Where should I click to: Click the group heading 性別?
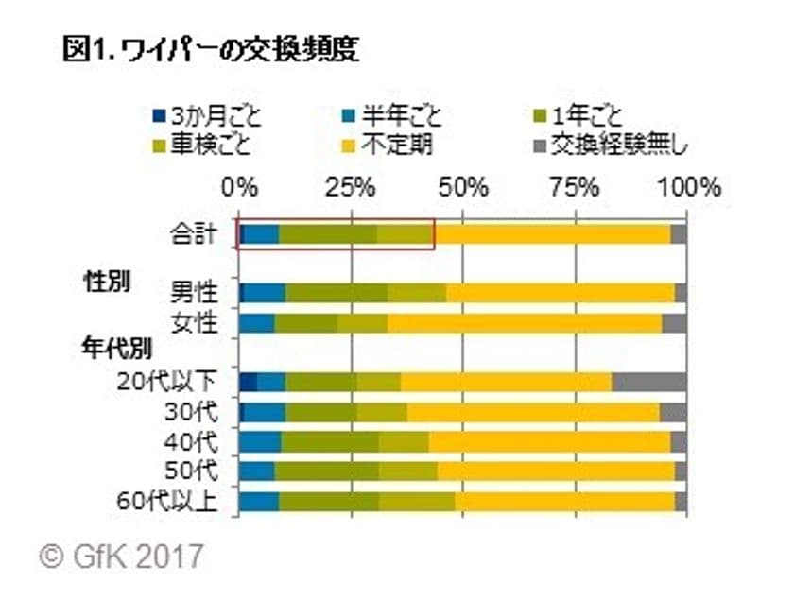click(x=107, y=281)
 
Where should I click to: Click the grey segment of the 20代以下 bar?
click(x=649, y=382)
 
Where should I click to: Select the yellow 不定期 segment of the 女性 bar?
click(x=525, y=323)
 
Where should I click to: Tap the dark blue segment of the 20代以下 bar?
click(x=248, y=382)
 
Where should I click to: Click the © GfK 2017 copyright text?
click(x=121, y=555)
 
